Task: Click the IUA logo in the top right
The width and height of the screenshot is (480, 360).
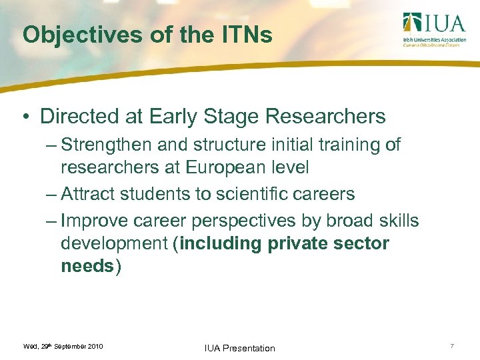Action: click(x=433, y=30)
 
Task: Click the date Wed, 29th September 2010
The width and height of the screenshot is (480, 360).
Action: click(x=63, y=347)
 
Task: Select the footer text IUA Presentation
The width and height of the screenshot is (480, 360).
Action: click(x=239, y=348)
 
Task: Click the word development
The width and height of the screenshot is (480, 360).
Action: click(x=114, y=244)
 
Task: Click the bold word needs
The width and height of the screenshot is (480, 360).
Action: click(x=87, y=266)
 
